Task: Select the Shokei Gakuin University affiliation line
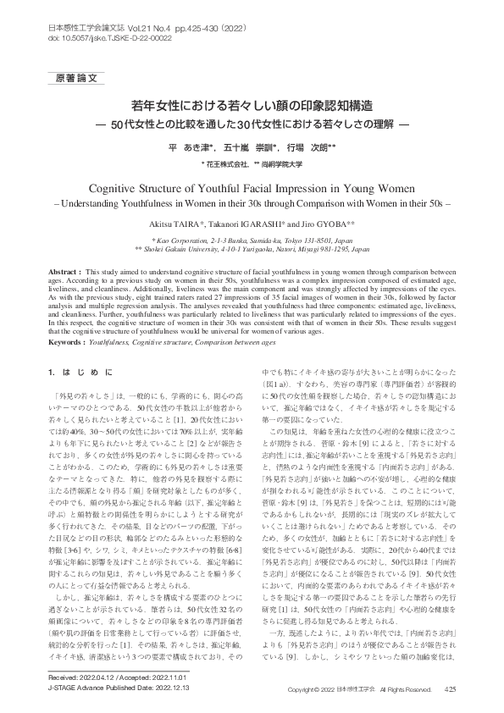point(252,250)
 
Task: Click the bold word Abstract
point(66,268)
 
